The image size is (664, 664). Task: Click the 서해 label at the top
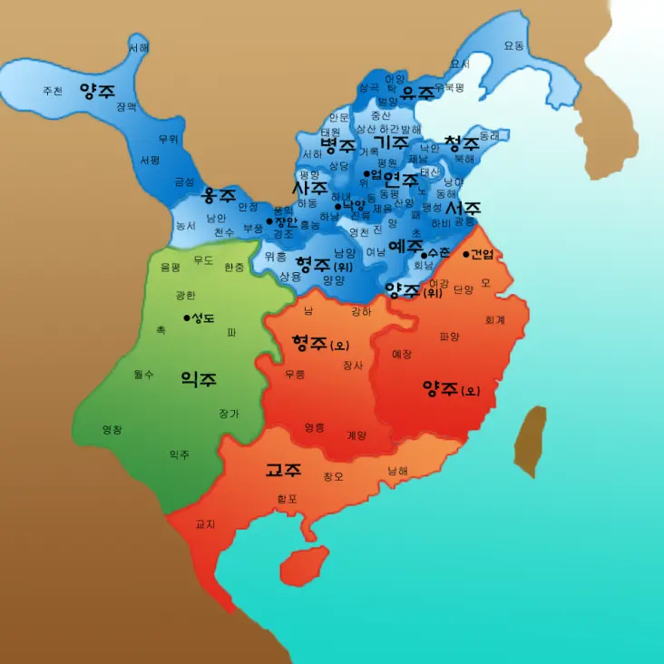tap(139, 47)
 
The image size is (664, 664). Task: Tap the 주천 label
tap(53, 91)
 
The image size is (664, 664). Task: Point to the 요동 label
tap(513, 46)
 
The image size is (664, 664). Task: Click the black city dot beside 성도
tap(187, 317)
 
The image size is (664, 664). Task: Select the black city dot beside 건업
tap(466, 254)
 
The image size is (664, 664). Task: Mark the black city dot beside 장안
tap(269, 221)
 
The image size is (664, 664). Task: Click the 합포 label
tap(287, 498)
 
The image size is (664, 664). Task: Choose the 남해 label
tap(397, 471)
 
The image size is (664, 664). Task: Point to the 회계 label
tap(494, 319)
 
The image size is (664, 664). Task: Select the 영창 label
tap(112, 429)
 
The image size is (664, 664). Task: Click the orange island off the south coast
tap(303, 565)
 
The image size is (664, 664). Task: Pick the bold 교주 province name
tap(283, 470)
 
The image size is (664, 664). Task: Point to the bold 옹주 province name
tap(219, 196)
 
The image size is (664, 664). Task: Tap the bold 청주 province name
tap(461, 143)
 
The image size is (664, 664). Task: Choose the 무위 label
tap(169, 139)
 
